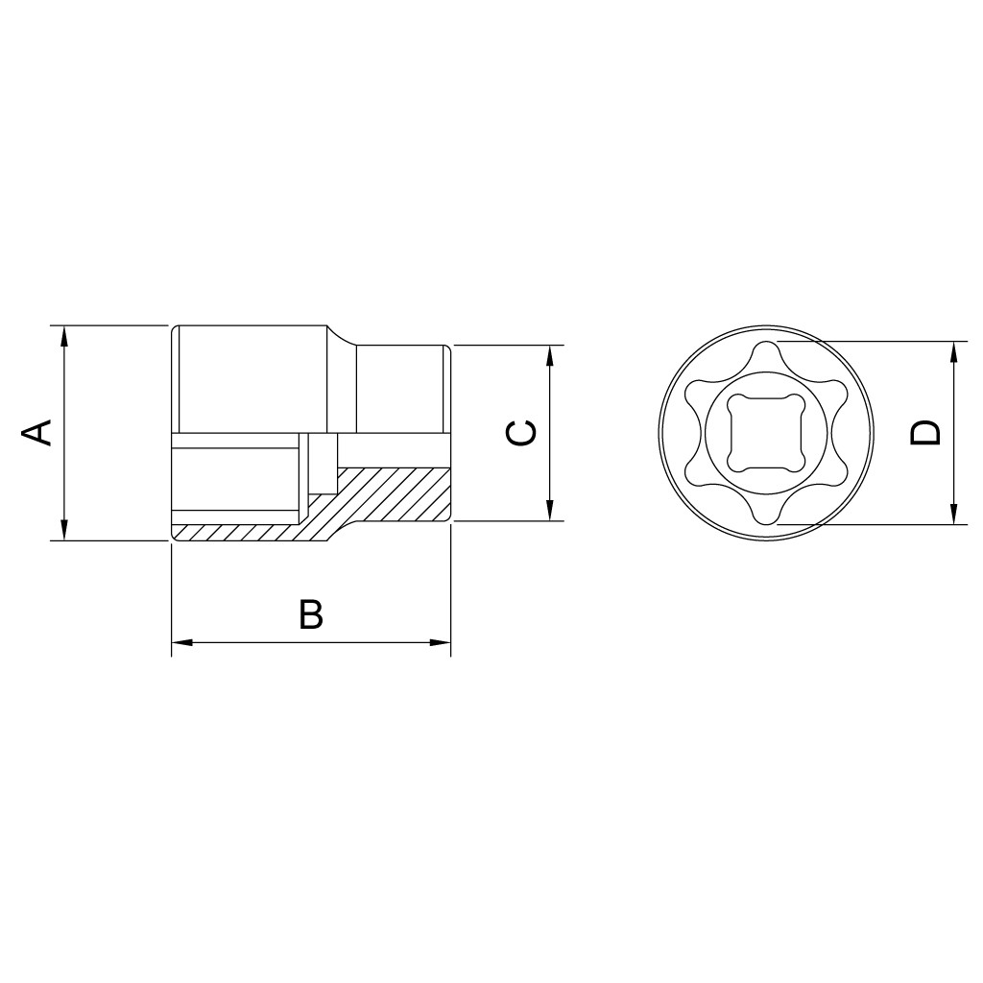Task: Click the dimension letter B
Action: (x=311, y=614)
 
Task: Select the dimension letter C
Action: (x=520, y=433)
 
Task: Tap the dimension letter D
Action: (x=926, y=433)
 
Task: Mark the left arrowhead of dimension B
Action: (x=182, y=642)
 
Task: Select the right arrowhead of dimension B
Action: (x=440, y=642)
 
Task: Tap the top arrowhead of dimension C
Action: (x=550, y=356)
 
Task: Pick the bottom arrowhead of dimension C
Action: (x=550, y=510)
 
